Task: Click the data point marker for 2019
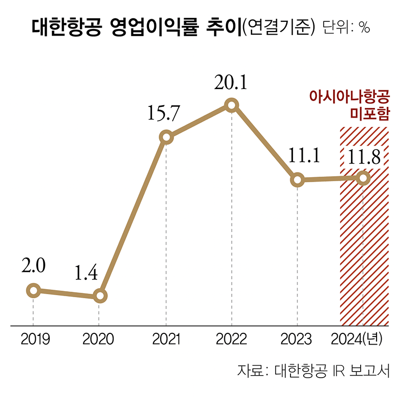[33, 291]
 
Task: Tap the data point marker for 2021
[166, 137]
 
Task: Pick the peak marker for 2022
[231, 105]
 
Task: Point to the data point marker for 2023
[298, 180]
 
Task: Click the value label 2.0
[34, 266]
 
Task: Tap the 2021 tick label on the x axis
[166, 339]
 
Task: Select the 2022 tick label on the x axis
[231, 339]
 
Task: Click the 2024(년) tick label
[359, 339]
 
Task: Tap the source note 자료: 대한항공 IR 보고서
[313, 370]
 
